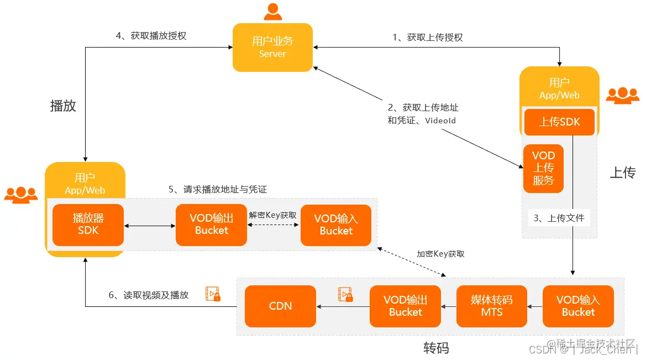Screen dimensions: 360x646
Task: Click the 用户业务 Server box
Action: [272, 48]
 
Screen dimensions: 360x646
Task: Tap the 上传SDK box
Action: [559, 122]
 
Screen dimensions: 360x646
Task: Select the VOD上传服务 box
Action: [543, 168]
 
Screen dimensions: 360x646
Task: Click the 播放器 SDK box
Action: [88, 225]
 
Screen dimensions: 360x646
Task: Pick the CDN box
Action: [280, 306]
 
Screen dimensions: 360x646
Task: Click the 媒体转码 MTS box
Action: [491, 306]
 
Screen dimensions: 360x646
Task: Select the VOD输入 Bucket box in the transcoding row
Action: [578, 306]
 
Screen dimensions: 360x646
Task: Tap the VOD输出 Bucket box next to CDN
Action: [405, 306]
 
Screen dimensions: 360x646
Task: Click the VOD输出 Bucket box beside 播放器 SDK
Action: [211, 225]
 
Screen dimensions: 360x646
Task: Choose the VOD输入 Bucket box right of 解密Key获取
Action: [335, 225]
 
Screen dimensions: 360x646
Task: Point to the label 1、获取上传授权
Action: [427, 38]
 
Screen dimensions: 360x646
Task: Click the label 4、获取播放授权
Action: [151, 36]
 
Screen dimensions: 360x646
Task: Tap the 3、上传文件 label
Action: [558, 218]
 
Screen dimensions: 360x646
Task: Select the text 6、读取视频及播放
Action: [148, 295]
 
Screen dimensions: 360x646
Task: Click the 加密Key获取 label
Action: [440, 254]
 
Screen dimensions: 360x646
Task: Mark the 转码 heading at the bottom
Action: [436, 348]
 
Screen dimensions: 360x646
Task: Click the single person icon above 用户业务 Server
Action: [272, 11]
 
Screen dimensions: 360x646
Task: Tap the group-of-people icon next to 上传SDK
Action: [622, 95]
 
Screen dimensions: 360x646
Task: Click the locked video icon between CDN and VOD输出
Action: [345, 294]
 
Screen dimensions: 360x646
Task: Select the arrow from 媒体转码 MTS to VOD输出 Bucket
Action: [449, 306]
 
